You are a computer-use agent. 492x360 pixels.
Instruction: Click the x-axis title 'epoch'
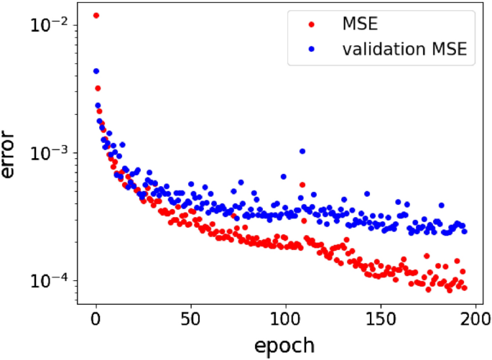pyautogui.click(x=284, y=345)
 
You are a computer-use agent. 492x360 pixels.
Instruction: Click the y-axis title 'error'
pyautogui.click(x=12, y=154)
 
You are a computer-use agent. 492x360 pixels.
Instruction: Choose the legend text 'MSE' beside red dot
pyautogui.click(x=359, y=25)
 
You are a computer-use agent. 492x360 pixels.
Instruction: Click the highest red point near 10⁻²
pyautogui.click(x=96, y=15)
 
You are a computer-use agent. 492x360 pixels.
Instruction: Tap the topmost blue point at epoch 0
pyautogui.click(x=96, y=71)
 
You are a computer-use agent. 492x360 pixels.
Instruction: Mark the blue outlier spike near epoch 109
pyautogui.click(x=302, y=151)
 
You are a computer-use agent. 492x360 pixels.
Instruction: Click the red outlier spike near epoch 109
pyautogui.click(x=302, y=185)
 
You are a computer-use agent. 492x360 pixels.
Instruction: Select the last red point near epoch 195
pyautogui.click(x=464, y=287)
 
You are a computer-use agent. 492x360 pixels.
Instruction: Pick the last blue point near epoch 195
pyautogui.click(x=464, y=231)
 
